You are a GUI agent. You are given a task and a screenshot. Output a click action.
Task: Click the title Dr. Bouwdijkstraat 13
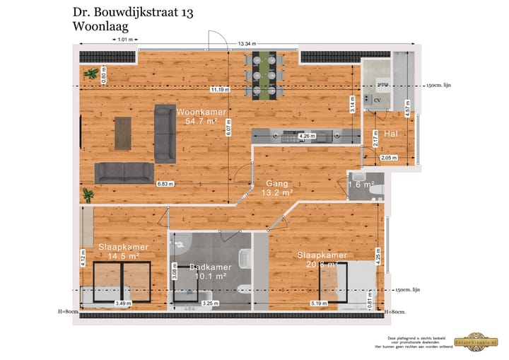(x=134, y=13)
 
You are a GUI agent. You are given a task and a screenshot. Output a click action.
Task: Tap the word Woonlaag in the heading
(x=100, y=27)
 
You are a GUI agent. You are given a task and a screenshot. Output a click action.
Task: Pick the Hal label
(x=390, y=134)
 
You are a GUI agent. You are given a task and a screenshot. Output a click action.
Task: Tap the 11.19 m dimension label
(x=220, y=90)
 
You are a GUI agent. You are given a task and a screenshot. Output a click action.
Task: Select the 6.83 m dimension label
(x=165, y=184)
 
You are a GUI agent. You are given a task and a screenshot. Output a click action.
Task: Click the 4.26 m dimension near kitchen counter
(x=307, y=136)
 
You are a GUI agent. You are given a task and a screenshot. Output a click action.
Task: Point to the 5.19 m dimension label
(x=320, y=304)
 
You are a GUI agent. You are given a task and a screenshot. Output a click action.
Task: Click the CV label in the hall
(x=377, y=100)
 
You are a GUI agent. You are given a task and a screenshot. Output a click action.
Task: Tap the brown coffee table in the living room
(x=123, y=133)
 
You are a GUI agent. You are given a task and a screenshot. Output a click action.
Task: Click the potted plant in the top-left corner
(x=90, y=73)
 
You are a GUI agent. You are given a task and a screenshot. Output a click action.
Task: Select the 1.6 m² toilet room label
(x=359, y=185)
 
